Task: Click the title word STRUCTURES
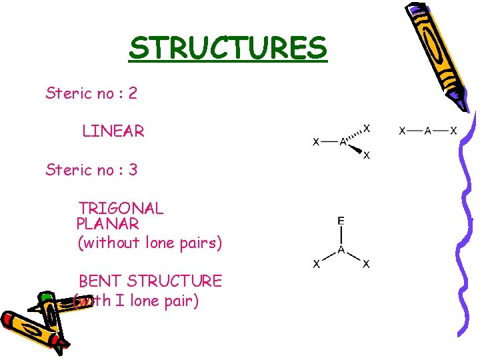[228, 48]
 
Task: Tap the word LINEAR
[113, 131]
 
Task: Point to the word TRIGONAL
[121, 208]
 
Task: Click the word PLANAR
[107, 224]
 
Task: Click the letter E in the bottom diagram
[341, 221]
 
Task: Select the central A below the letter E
[341, 250]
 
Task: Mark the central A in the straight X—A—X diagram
[427, 131]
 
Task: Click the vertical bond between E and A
[341, 235]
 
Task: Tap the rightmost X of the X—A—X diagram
[453, 131]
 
